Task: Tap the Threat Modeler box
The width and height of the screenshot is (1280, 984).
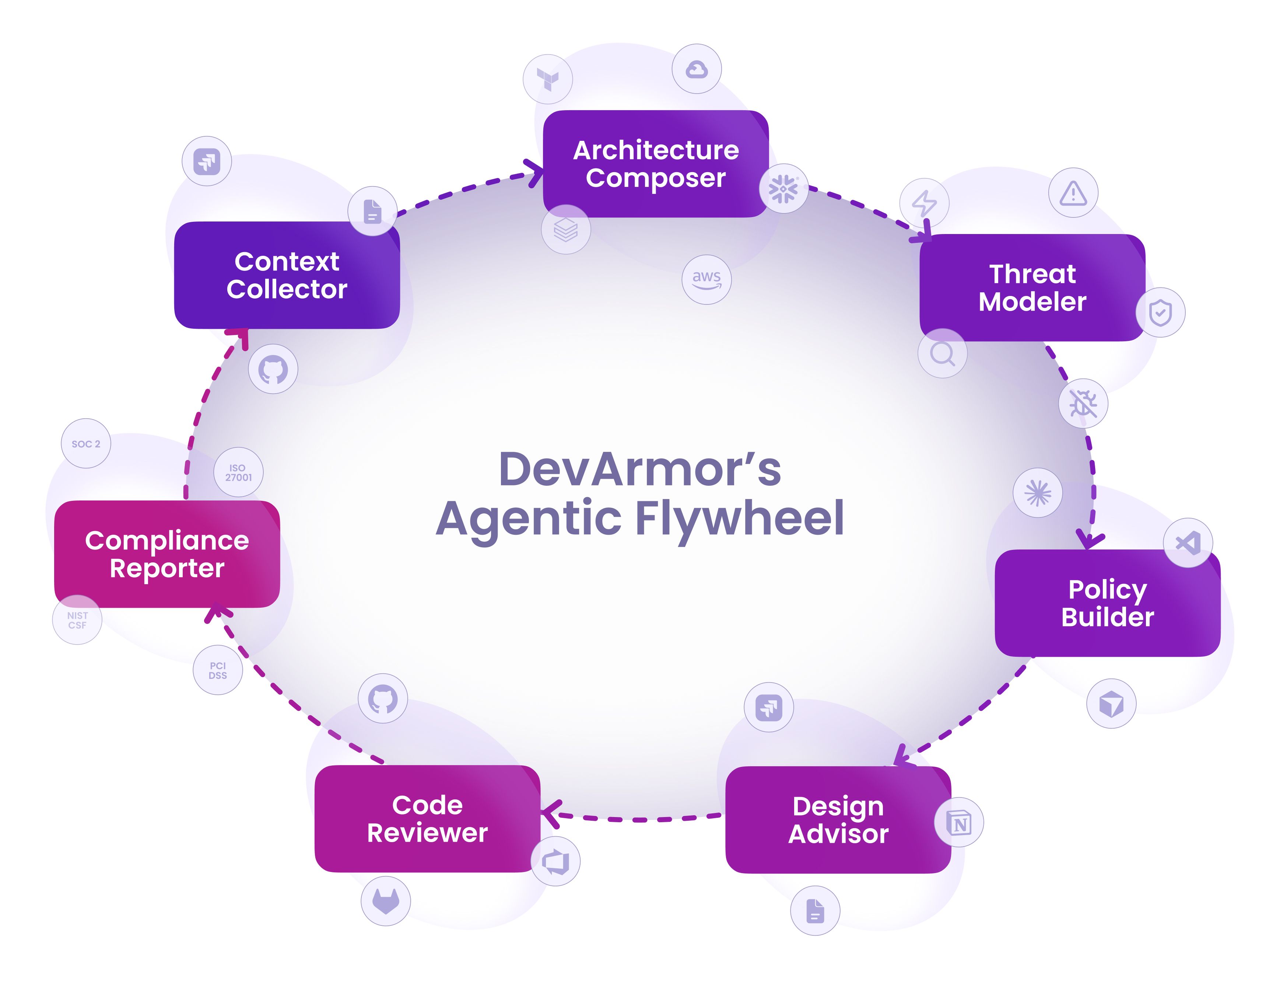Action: [x=1032, y=287]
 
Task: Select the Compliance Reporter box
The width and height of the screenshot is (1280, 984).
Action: [x=167, y=554]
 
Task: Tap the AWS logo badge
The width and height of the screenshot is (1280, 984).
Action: [x=706, y=279]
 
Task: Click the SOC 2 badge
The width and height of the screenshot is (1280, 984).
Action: [x=86, y=443]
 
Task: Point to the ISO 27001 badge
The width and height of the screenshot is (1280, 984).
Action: [x=238, y=472]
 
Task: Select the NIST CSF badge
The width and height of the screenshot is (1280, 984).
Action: [x=77, y=620]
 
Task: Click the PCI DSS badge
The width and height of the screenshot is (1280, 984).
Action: [x=218, y=670]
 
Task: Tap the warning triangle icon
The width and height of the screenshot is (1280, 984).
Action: [x=1073, y=193]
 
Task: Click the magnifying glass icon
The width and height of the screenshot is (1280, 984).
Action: [x=942, y=353]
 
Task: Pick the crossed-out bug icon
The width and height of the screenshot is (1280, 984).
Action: [x=1083, y=403]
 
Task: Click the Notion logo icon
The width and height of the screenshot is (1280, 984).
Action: [x=959, y=822]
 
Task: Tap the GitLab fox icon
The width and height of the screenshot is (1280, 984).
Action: [x=386, y=901]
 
